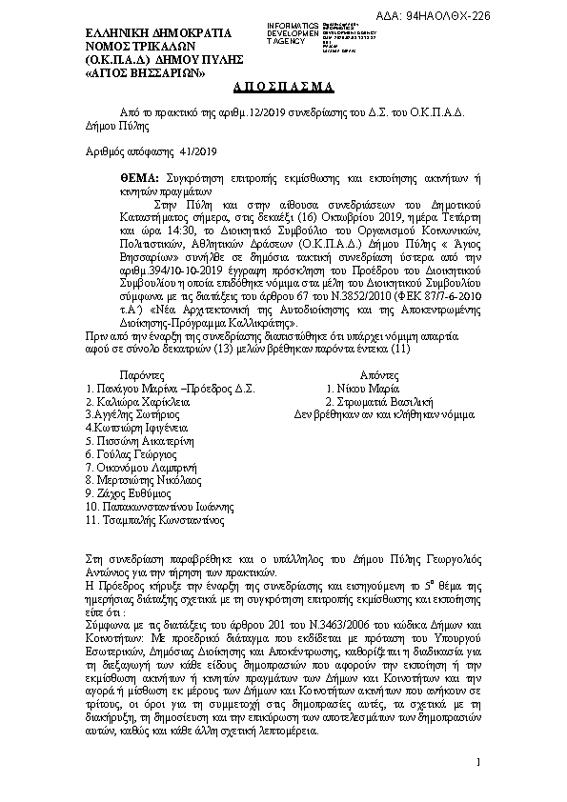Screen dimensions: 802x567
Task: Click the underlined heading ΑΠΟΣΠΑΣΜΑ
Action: point(283,87)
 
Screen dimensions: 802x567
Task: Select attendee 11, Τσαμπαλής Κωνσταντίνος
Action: point(155,521)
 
